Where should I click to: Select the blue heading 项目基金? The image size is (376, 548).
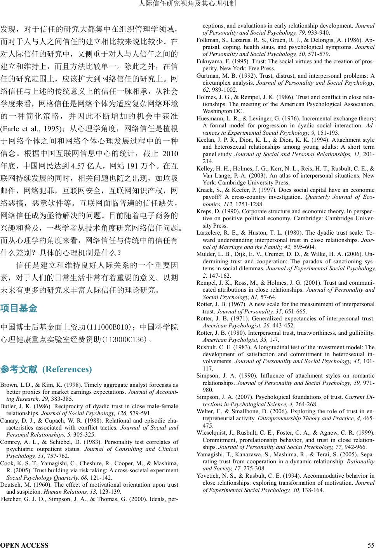point(19,309)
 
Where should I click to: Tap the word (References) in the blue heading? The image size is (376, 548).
point(67,369)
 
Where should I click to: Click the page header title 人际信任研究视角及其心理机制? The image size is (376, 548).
point(188,4)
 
